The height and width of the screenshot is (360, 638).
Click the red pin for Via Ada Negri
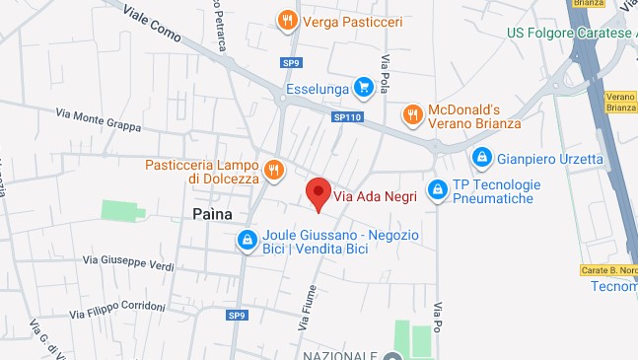point(318,193)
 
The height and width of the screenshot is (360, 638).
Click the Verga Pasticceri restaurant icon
point(287,20)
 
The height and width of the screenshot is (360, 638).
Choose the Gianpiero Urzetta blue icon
point(482,156)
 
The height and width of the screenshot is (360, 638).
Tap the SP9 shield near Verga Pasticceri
point(290,63)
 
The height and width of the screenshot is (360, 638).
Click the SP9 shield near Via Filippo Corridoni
point(236,316)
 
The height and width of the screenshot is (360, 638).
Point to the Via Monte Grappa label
point(99,120)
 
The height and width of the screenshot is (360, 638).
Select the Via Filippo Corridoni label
point(117,310)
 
